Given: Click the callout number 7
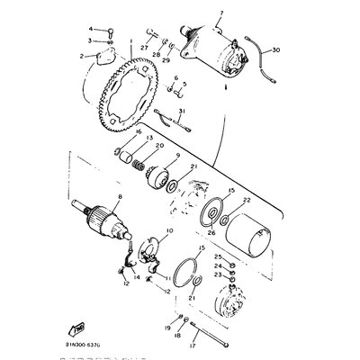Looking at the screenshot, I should (219, 13).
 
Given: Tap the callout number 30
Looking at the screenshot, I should (275, 49).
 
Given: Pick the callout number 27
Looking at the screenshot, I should (143, 48).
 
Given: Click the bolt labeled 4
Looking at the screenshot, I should (109, 31).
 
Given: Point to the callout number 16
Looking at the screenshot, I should (138, 131).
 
